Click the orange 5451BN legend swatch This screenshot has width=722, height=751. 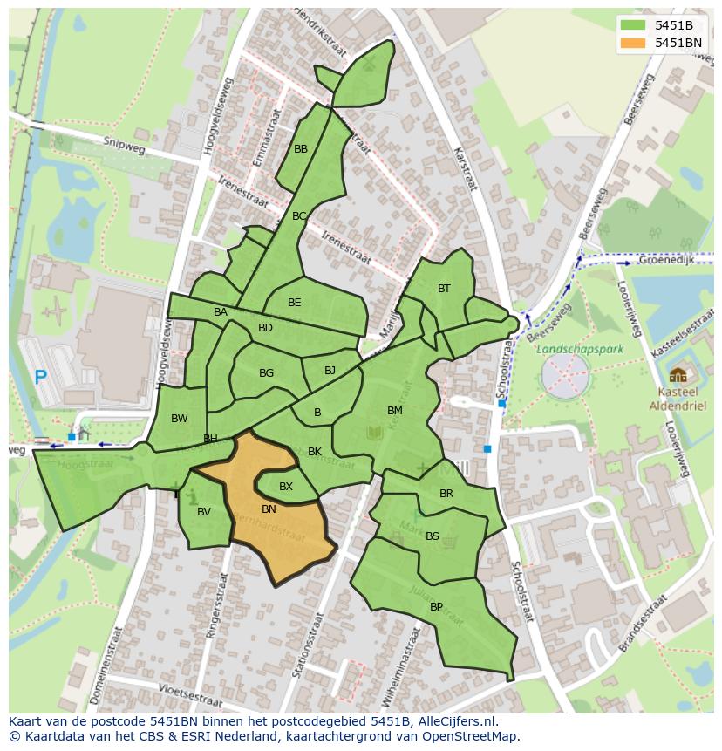[x=634, y=43]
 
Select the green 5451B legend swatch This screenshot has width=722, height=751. [x=634, y=25]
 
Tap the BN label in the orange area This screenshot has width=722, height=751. [x=269, y=509]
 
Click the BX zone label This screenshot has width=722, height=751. [x=286, y=487]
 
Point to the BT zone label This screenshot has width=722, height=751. [x=444, y=289]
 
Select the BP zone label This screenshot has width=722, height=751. [x=436, y=607]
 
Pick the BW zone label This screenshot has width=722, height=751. [x=180, y=419]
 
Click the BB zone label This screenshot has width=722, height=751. [x=301, y=149]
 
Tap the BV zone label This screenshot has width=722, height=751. [x=204, y=512]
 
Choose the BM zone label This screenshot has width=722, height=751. [x=395, y=410]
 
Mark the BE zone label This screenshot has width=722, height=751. [x=295, y=303]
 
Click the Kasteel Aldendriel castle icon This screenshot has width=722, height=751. [x=678, y=376]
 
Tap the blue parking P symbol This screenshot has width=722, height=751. [x=40, y=378]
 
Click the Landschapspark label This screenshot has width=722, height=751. [x=574, y=348]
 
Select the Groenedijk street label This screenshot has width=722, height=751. [x=666, y=260]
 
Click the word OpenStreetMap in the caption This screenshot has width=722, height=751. [x=471, y=736]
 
